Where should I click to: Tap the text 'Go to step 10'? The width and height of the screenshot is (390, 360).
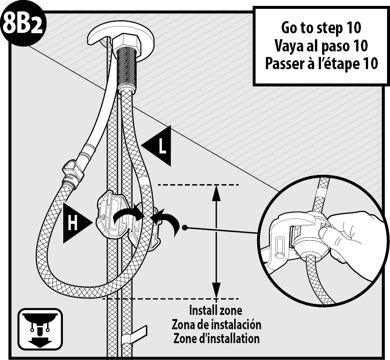click(321, 27)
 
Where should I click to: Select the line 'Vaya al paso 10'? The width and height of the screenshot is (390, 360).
click(321, 46)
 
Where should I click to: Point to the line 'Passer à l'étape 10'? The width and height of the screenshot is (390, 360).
click(321, 63)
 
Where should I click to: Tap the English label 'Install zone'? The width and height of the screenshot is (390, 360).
click(215, 310)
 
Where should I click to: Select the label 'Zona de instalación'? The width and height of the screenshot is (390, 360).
click(216, 325)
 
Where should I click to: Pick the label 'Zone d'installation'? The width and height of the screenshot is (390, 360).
click(216, 339)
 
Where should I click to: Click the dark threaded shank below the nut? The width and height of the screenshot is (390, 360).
click(127, 68)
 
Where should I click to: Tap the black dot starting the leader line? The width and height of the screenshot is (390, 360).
click(185, 227)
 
